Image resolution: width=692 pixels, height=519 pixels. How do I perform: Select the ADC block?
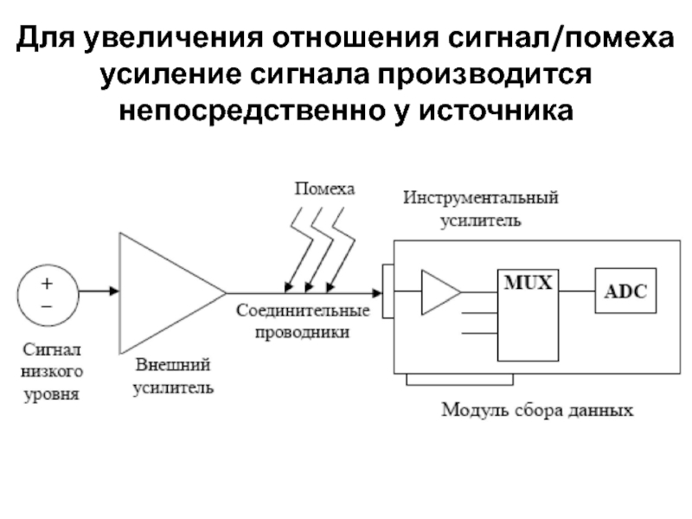tap(625, 292)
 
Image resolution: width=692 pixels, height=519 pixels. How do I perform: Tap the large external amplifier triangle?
tap(164, 292)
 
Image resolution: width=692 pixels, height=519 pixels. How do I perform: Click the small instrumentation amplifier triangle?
tap(438, 292)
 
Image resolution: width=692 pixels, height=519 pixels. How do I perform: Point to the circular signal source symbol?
tap(47, 292)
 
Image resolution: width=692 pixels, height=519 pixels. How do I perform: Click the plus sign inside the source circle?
tap(47, 283)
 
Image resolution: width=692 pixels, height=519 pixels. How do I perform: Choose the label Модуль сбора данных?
tap(536, 409)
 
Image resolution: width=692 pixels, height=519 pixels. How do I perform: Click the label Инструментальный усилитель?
tap(481, 208)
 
